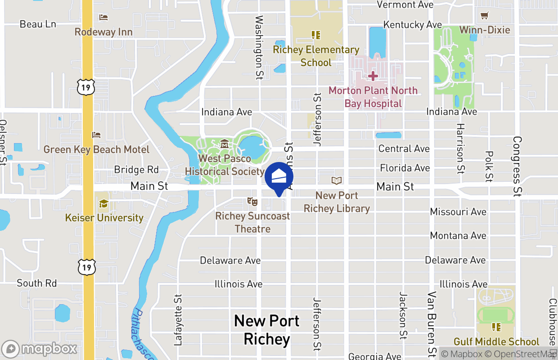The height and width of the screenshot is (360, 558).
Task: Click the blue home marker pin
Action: (279, 177)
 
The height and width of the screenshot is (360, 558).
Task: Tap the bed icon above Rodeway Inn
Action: (103, 18)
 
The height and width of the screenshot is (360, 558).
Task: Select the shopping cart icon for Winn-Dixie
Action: (485, 16)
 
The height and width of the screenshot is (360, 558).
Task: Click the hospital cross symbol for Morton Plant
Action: (373, 76)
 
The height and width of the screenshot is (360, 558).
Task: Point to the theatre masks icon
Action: (252, 202)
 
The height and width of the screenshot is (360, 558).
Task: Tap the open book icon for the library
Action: (337, 180)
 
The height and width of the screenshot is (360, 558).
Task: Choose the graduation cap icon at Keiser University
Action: (103, 204)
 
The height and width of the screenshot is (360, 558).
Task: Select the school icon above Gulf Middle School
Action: (496, 327)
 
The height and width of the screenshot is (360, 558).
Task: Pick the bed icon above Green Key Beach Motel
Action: (96, 135)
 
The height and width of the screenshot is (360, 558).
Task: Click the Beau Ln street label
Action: (38, 24)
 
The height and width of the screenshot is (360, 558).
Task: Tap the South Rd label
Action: (37, 283)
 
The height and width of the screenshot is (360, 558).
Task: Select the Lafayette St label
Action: (179, 319)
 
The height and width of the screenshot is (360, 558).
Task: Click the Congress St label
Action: (517, 166)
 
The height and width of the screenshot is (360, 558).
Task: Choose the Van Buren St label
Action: (432, 323)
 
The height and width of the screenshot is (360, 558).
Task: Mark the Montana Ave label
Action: (458, 235)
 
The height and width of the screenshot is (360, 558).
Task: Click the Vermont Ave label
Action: (405, 4)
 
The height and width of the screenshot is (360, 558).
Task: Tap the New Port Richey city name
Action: (267, 330)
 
